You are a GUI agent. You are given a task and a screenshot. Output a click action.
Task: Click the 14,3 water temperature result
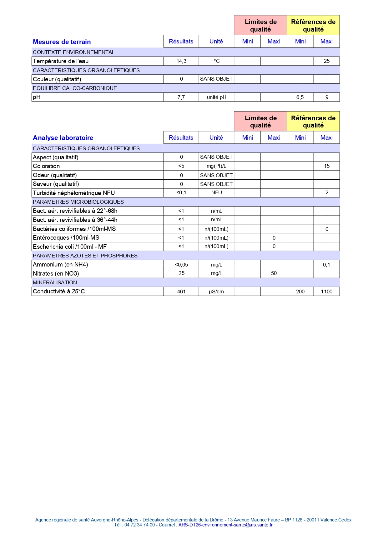click(181, 61)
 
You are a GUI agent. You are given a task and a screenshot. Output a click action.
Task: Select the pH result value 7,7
click(181, 97)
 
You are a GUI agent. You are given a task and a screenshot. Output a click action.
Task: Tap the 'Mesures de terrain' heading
click(62, 42)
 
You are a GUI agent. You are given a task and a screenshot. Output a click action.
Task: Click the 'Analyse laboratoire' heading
click(63, 138)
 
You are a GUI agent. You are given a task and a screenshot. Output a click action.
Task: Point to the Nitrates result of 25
click(181, 273)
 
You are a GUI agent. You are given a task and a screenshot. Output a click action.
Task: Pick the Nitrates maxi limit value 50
click(274, 273)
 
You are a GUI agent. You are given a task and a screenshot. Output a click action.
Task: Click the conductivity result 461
click(181, 291)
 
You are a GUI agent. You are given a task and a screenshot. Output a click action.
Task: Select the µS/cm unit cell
click(216, 291)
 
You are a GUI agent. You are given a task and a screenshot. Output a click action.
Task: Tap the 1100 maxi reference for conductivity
click(326, 291)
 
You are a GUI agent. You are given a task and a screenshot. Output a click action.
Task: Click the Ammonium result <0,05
click(181, 265)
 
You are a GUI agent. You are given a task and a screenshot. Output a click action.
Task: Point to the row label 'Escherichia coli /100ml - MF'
click(70, 247)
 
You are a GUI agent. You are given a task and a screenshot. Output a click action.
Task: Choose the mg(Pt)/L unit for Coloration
click(216, 166)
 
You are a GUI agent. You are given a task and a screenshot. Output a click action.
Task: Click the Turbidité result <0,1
click(181, 193)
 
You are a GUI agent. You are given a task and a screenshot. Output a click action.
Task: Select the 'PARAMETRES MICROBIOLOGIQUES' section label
click(78, 202)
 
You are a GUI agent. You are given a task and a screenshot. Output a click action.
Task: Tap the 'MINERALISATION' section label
click(55, 282)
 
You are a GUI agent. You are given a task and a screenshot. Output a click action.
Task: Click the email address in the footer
click(225, 525)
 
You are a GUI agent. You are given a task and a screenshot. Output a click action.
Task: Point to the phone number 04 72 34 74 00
click(139, 525)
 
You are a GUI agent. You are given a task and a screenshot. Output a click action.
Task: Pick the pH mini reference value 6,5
click(300, 97)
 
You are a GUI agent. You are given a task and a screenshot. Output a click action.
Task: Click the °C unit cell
click(217, 61)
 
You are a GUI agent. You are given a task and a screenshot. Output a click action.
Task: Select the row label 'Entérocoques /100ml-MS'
click(66, 238)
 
